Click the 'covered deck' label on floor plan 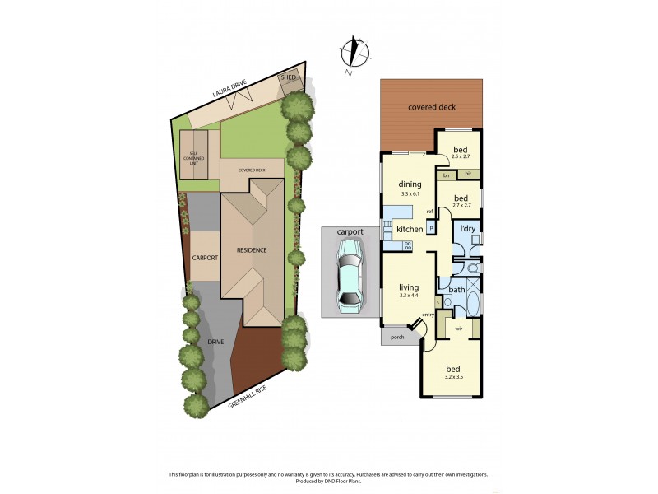click(431, 107)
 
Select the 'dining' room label click(410, 184)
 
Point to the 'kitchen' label click(410, 229)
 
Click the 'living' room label click(409, 287)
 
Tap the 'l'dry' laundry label click(468, 228)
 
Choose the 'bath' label click(456, 289)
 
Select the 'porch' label click(397, 336)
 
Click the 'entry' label click(428, 315)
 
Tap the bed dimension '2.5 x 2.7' click(461, 156)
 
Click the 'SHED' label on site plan click(289, 77)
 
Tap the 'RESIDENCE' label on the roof click(253, 250)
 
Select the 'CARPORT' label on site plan click(205, 258)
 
